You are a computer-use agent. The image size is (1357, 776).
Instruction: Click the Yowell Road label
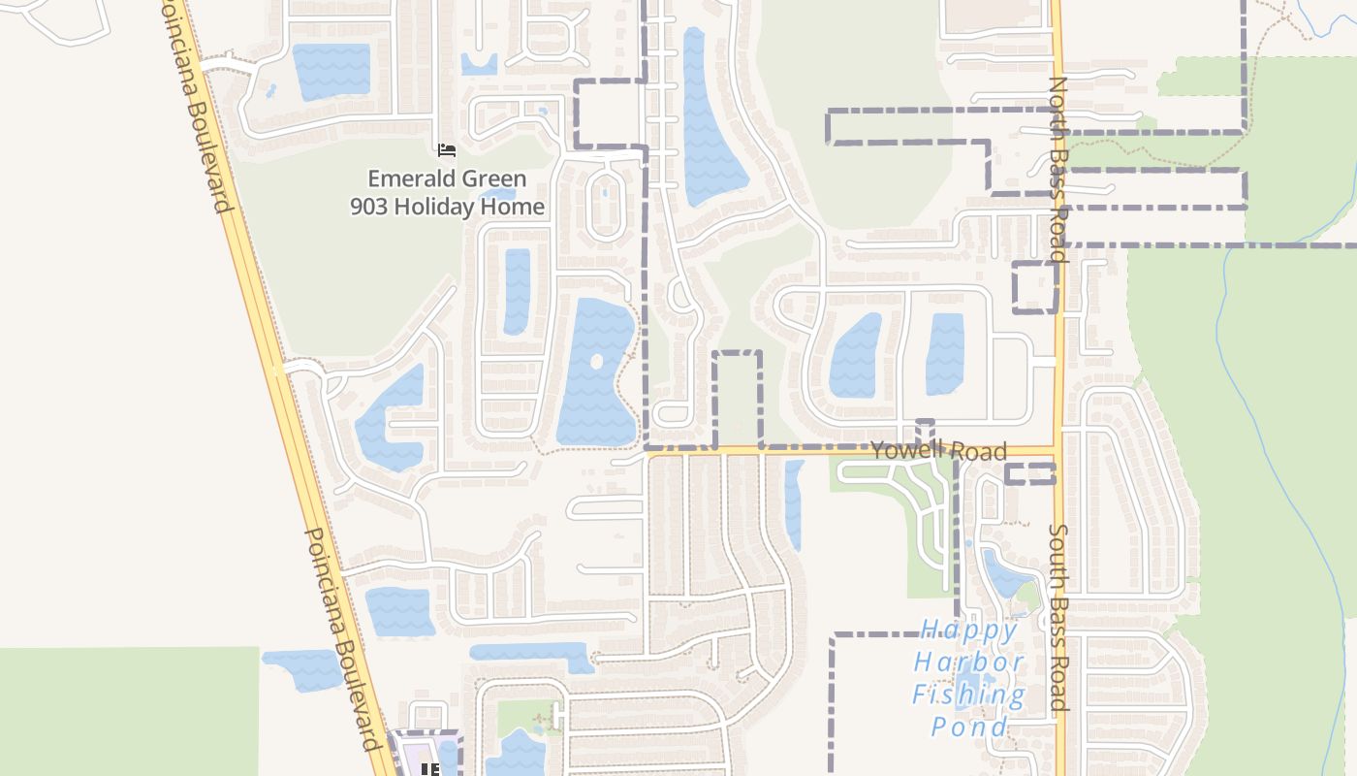938,451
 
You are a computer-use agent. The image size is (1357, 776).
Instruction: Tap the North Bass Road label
1057,170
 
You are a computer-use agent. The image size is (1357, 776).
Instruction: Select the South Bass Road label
1058,618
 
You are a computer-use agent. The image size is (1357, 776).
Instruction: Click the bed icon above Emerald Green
447,150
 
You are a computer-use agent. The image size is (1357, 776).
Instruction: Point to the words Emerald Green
447,178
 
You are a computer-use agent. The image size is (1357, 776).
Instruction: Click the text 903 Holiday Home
447,207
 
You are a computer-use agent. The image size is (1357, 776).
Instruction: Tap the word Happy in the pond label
969,630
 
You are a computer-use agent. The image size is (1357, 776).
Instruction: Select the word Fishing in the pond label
969,695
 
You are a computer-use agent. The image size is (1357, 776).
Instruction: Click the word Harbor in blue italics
969,663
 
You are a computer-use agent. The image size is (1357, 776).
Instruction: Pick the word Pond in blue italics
969,727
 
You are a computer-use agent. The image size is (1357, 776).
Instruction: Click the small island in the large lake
596,362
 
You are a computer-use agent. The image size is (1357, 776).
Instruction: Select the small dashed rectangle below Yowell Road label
1029,473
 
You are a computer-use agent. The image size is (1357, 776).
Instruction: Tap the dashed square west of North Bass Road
1034,287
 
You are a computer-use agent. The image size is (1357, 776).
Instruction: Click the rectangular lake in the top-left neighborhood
331,72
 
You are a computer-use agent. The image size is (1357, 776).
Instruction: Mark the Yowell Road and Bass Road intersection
1057,451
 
